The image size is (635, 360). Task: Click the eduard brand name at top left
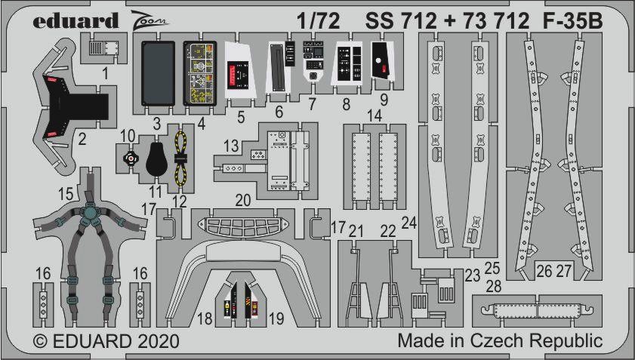coord(76,20)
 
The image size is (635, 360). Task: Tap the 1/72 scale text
coord(319,21)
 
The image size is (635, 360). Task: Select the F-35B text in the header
coord(572,21)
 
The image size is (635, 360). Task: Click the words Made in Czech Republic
coord(500,340)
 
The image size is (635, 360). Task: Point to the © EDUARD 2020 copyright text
coord(106,341)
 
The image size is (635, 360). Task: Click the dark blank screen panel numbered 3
coord(158,73)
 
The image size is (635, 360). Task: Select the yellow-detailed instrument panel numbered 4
coord(199,73)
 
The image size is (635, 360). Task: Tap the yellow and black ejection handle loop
coord(180,158)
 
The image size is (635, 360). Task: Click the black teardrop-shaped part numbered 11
coord(156,158)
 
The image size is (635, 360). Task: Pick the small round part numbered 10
coord(131,158)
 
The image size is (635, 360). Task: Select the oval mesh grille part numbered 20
coord(243,226)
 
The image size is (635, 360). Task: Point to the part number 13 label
coord(231,146)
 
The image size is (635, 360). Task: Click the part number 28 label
coord(494,286)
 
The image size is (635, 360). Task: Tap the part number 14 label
coord(375,115)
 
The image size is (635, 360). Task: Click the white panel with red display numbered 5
coord(241,69)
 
